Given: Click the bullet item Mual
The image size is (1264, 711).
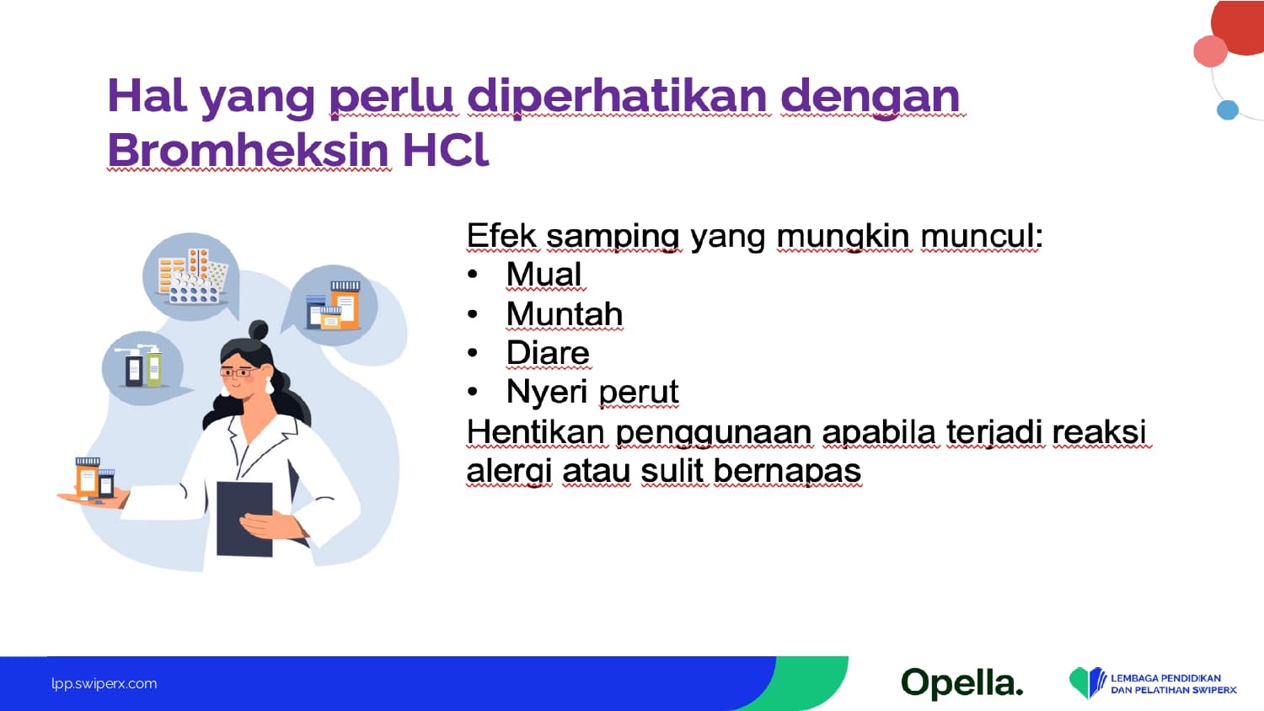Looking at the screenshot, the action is coord(544,275).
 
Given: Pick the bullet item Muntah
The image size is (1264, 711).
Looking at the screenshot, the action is coord(565,313).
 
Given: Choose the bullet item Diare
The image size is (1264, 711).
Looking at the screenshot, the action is coord(548,353).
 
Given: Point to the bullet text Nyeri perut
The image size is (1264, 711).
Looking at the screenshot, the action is coord(592,392).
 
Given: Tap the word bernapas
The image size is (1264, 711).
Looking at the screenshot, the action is coord(788,471).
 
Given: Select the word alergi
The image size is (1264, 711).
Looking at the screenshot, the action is coord(509,472).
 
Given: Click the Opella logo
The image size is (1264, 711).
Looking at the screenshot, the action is coord(961,684).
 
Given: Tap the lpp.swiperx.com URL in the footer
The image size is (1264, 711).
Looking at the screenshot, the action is coord(104,684).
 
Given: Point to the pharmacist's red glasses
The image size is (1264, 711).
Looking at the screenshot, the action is coord(238,372).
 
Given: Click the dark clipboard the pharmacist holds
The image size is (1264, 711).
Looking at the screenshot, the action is coord(244,519).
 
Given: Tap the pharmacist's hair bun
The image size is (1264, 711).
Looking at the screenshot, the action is coord(259,329).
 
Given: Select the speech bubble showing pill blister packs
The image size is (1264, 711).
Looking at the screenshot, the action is coord(192,276).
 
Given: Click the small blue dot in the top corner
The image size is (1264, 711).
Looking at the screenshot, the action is coord(1227,110).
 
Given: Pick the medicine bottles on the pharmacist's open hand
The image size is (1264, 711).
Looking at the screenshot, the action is coord(94,478).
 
